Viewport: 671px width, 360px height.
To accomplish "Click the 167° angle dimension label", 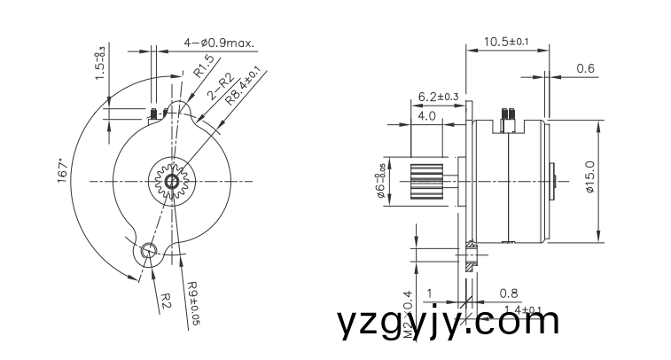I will [62, 171].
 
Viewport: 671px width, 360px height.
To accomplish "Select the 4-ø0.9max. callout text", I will [219, 42].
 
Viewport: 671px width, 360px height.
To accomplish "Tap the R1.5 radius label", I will [204, 67].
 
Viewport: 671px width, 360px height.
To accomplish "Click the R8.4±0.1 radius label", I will [243, 85].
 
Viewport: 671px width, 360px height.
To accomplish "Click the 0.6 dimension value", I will [585, 68].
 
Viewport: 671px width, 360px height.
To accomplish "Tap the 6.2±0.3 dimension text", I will [438, 96].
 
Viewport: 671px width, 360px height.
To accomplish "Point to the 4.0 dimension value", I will [426, 115].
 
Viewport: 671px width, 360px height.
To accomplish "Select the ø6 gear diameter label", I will [381, 181].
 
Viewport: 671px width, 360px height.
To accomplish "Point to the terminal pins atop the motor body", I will [508, 114].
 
